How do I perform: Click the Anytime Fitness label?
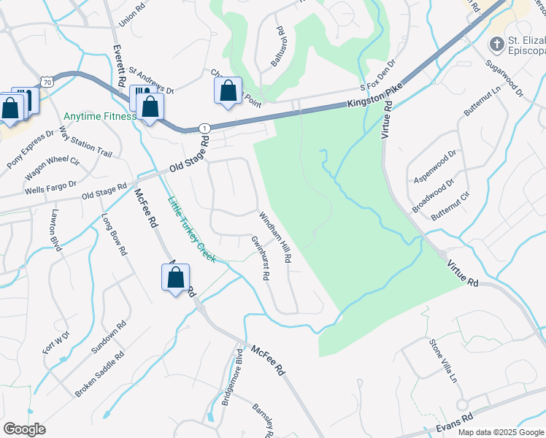point(99,116)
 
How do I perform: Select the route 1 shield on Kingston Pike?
point(204,128)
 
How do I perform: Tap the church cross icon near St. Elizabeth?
point(496,45)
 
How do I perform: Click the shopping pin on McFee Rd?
point(175,277)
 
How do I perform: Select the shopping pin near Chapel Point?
point(228,91)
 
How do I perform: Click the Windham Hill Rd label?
point(276,237)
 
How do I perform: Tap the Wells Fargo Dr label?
point(50,187)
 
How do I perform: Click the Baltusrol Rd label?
point(278,46)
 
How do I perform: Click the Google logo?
point(24,429)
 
